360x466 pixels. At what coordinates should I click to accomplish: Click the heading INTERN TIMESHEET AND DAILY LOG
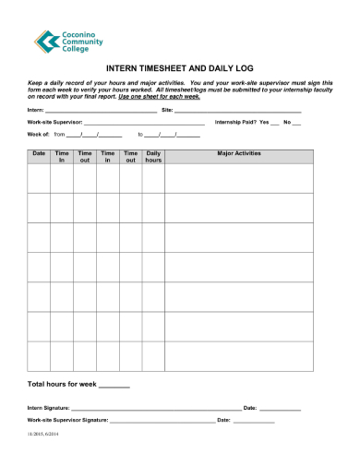(180, 68)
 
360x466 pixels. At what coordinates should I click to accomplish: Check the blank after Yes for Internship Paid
(275, 123)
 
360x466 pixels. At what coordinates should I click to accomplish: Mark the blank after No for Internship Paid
(297, 123)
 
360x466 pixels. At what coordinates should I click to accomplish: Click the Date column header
(39, 153)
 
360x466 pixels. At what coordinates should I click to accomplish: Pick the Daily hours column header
(153, 157)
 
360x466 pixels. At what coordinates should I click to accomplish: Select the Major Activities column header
(238, 153)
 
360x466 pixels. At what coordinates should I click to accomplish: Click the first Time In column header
(62, 157)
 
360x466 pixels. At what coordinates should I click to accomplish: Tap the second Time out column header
(130, 157)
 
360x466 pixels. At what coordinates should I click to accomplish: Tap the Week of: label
(38, 135)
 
